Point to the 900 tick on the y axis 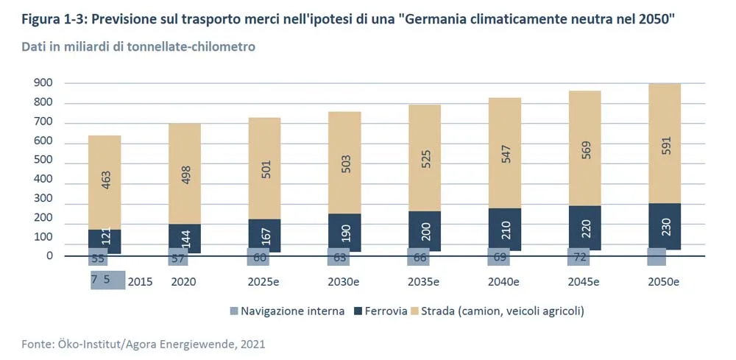pos(43,82)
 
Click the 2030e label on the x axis pos(344,281)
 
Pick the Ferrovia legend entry pos(381,311)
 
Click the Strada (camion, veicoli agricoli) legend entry pos(497,311)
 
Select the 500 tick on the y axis pos(43,160)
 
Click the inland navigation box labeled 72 pos(578,257)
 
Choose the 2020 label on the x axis pos(183,281)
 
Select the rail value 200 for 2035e pos(425,231)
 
